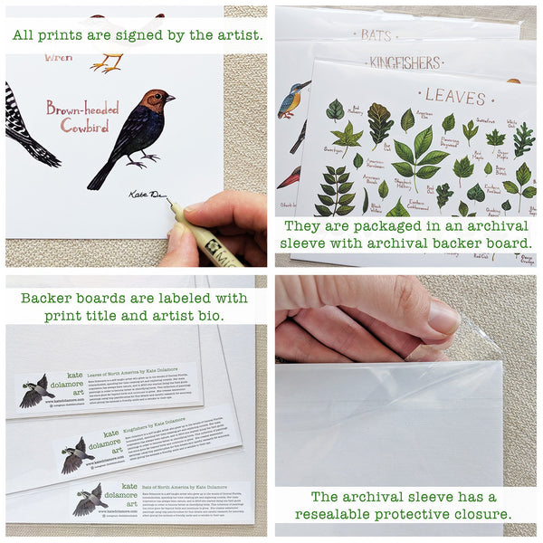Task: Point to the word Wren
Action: click(x=58, y=57)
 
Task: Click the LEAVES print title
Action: click(x=455, y=95)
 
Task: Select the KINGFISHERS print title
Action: click(x=404, y=62)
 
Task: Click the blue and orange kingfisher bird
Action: click(x=291, y=99)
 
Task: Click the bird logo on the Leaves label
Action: click(x=34, y=389)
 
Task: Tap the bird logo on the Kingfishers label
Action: click(x=77, y=454)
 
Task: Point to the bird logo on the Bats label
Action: click(x=89, y=500)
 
